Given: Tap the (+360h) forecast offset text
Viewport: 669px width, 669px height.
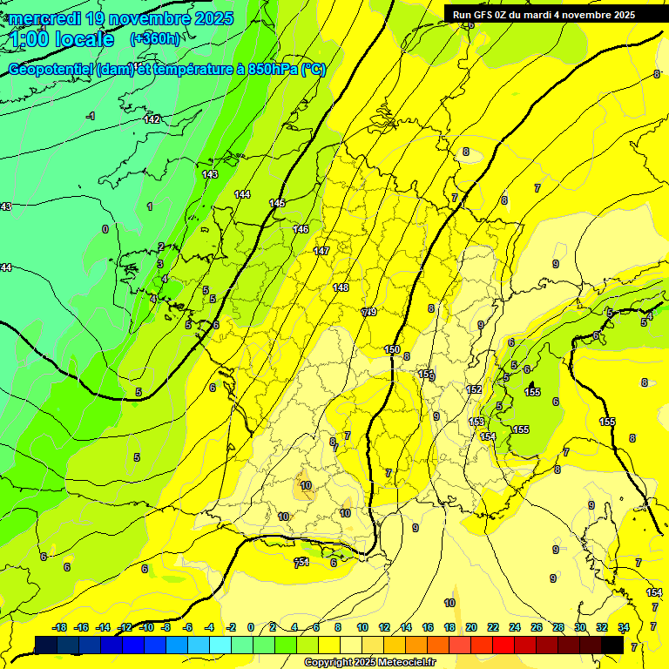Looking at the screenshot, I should pyautogui.click(x=155, y=38).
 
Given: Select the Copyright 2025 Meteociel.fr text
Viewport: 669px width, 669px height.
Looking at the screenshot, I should pyautogui.click(x=368, y=663).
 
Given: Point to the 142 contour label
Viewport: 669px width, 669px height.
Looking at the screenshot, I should pyautogui.click(x=152, y=119).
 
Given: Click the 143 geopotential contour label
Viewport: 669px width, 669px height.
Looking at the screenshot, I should pyautogui.click(x=210, y=174).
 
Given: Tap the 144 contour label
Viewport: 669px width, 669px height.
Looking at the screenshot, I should pyautogui.click(x=242, y=194).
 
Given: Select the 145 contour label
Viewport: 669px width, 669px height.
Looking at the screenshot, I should pyautogui.click(x=277, y=203).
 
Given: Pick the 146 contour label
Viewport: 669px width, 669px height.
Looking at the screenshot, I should pyautogui.click(x=301, y=229).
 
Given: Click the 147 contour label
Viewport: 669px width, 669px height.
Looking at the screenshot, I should pyautogui.click(x=321, y=251).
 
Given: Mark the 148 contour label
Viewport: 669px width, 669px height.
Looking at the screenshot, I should pyautogui.click(x=341, y=287).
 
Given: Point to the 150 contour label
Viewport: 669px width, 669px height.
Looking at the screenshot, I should pyautogui.click(x=392, y=349).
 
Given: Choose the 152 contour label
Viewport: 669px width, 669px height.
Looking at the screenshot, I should pyautogui.click(x=474, y=389).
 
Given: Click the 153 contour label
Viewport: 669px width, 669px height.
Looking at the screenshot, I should pyautogui.click(x=476, y=422).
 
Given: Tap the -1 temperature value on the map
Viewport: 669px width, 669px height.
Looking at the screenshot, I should pyautogui.click(x=91, y=116).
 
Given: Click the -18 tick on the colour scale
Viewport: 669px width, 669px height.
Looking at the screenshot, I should pyautogui.click(x=59, y=627).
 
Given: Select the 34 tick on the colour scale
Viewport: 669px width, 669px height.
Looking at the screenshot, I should pyautogui.click(x=624, y=627).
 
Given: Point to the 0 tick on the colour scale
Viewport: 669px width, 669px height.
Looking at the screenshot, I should pyautogui.click(x=250, y=627).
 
